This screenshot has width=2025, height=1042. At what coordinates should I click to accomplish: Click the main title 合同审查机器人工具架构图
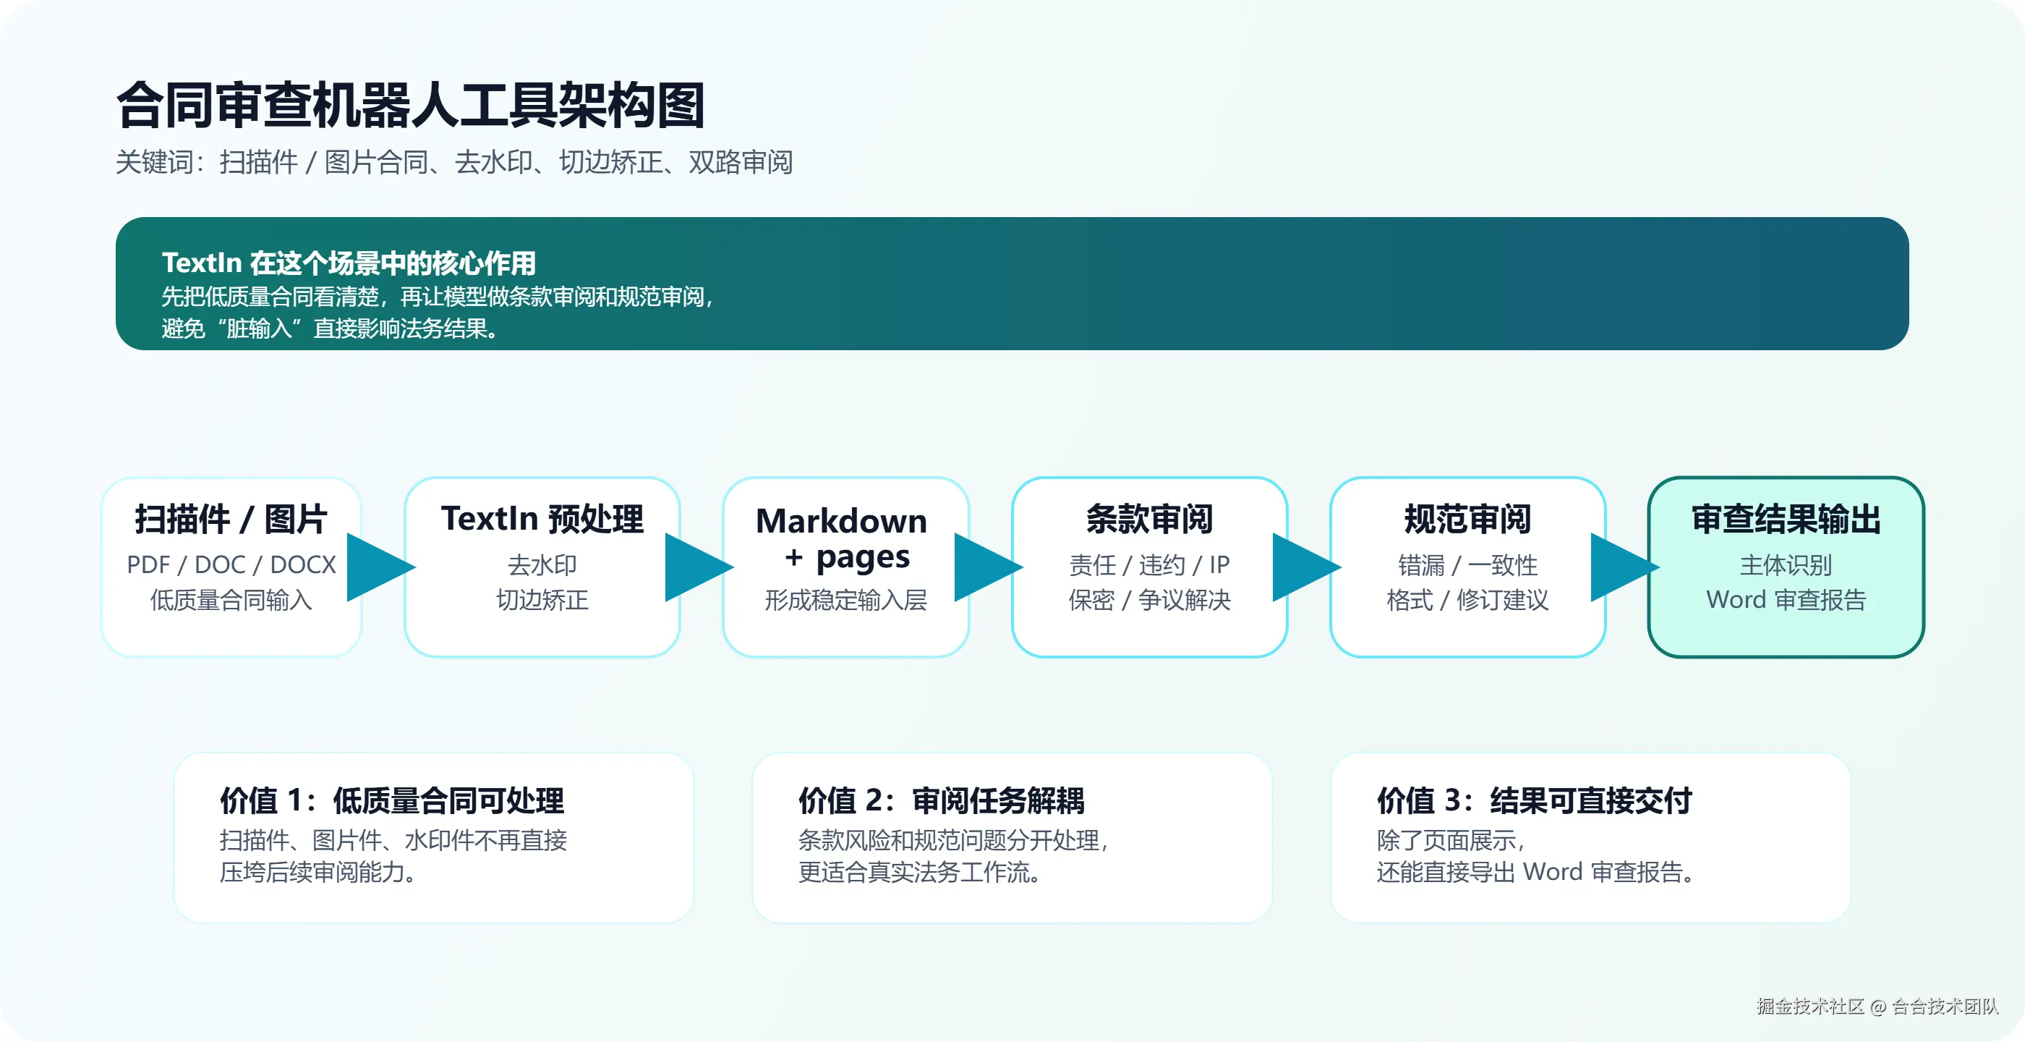[409, 105]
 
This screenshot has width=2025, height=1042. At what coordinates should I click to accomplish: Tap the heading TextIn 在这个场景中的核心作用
[349, 263]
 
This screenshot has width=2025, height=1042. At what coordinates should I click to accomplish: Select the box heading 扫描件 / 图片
[230, 519]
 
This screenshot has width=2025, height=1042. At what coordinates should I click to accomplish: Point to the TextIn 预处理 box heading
[542, 519]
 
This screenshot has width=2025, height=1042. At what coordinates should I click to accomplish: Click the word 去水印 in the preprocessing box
[542, 564]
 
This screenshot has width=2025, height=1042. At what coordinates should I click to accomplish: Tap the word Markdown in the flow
[841, 520]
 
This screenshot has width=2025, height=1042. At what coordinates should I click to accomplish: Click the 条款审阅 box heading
[1149, 519]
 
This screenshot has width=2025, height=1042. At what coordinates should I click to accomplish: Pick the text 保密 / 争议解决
[1149, 600]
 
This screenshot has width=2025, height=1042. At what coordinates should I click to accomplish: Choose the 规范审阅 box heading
[1467, 519]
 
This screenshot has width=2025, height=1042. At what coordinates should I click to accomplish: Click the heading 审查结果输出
[1785, 519]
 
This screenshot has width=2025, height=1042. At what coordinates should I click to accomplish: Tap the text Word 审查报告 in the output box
[1785, 600]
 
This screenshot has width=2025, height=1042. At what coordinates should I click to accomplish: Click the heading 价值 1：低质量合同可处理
[391, 800]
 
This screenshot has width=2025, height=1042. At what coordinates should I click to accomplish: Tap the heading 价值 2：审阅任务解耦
[941, 800]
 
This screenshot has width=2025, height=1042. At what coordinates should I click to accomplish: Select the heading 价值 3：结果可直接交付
[1534, 800]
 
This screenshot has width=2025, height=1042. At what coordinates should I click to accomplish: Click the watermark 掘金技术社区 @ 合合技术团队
[1877, 1006]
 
